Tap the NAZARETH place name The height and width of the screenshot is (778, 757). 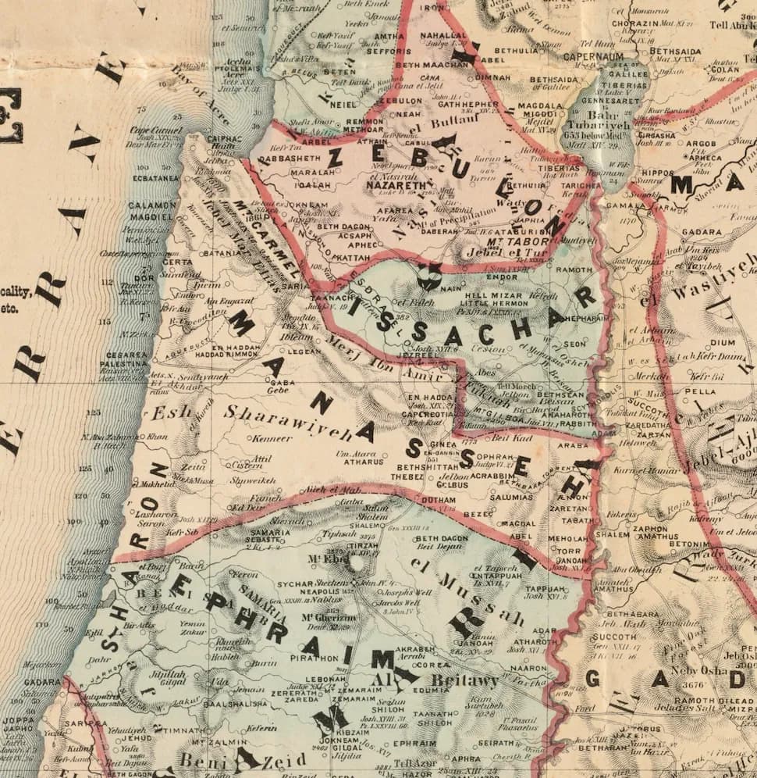390,186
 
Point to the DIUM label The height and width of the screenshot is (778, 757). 721,341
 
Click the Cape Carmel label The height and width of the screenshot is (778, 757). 155,130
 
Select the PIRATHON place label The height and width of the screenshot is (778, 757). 315,658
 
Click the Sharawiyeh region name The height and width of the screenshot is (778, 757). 288,421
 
